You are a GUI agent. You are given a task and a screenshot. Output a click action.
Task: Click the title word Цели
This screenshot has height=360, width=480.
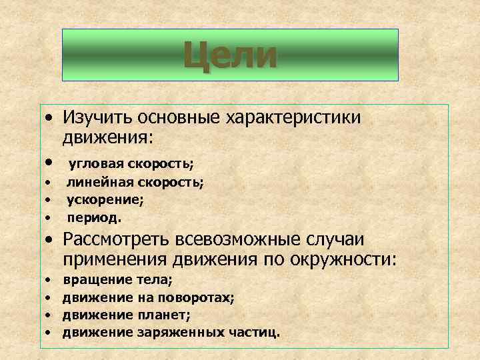point(230,55)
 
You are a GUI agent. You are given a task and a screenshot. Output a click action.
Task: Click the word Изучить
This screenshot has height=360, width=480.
point(98,118)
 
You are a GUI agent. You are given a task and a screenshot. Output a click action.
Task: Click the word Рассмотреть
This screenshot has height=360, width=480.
point(116,241)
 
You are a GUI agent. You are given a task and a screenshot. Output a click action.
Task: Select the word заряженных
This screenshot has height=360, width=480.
point(178,331)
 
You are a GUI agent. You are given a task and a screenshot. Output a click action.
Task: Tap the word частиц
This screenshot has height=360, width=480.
point(255,331)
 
